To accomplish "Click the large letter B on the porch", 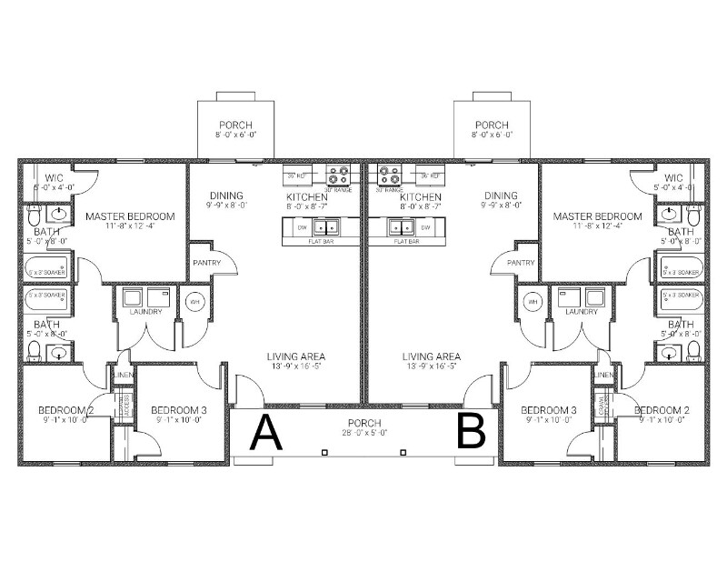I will (472, 433).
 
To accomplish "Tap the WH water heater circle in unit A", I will (194, 301).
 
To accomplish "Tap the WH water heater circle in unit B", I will (533, 301).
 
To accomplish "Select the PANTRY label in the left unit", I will (205, 262).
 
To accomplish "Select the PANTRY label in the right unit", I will (521, 262).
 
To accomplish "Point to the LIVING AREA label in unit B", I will (432, 356).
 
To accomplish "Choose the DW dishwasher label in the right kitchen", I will (424, 226).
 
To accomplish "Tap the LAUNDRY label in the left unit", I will (146, 312).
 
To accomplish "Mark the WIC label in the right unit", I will (673, 177).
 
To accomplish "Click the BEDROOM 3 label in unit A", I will (178, 410).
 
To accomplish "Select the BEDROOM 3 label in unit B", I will (549, 410).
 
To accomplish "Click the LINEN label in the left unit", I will (122, 376).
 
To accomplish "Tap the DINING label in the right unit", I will (500, 196).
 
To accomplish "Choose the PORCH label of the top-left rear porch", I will (235, 125).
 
